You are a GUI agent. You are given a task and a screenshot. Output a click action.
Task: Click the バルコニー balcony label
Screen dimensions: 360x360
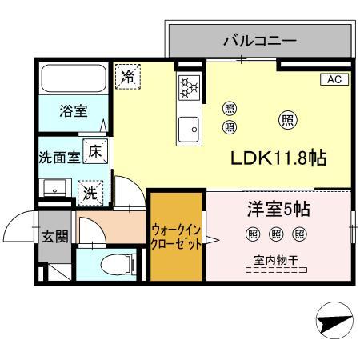coord(260,39)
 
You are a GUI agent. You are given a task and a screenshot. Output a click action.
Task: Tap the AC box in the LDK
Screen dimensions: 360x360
coord(334,79)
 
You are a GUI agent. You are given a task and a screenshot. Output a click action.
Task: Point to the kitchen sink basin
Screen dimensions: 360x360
coord(190,126)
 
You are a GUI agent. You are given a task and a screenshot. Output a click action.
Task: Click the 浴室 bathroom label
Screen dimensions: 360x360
coord(74,111)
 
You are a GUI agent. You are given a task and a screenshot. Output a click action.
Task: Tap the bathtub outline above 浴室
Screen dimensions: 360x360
coord(73,79)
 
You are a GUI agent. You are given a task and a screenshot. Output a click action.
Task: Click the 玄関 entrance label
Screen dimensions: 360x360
coord(55,238)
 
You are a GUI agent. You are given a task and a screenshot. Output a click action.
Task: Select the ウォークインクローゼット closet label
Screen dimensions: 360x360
coord(176,237)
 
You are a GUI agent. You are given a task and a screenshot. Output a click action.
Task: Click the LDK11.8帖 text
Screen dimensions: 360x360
coord(278,157)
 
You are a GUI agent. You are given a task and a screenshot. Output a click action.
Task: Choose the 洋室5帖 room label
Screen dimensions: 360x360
coord(277,210)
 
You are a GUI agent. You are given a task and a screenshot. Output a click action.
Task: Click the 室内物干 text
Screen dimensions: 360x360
coord(277,258)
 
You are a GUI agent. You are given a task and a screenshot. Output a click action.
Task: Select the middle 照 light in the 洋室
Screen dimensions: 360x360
coord(276,234)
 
